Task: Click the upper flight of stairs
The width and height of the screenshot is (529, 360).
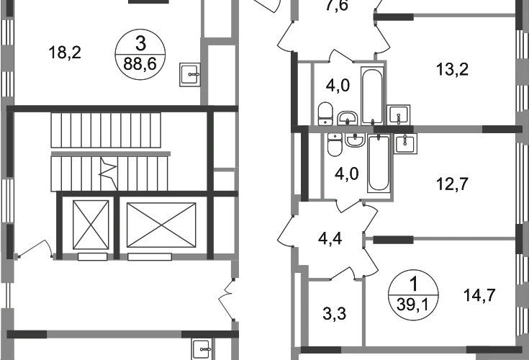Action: [108, 131]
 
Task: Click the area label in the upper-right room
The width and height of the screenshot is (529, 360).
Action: [455, 71]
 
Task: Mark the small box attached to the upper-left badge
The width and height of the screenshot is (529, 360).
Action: [189, 75]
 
